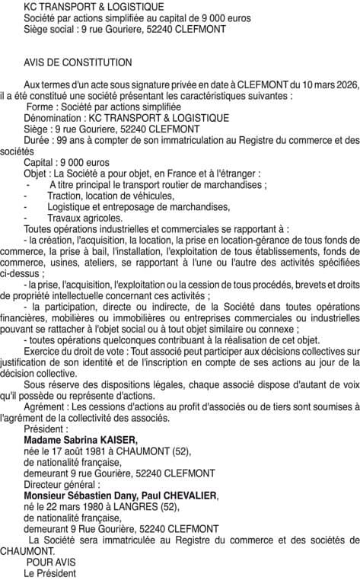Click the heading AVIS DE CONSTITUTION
tap(78, 62)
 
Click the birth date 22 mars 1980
tap(74, 506)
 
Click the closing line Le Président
tap(50, 572)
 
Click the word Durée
tap(38, 141)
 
